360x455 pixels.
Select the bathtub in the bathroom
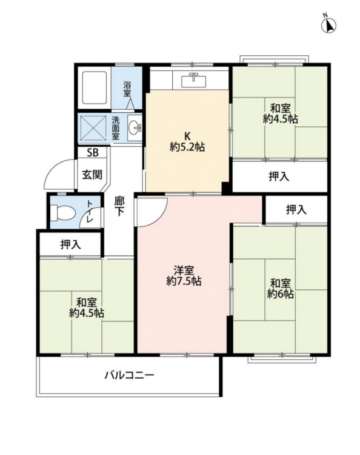[95, 87]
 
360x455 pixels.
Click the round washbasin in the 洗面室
[134, 127]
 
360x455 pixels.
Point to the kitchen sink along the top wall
[194, 80]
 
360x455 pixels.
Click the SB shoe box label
[93, 152]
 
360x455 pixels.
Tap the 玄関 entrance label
[92, 174]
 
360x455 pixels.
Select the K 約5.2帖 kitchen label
[187, 141]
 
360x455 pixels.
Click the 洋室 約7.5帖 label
[184, 275]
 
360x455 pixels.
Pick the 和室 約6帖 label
[280, 288]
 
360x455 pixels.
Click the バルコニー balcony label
[129, 376]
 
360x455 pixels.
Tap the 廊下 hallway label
[119, 206]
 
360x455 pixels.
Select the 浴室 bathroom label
[127, 89]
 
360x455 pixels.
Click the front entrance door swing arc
[52, 170]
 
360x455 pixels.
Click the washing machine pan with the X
[93, 127]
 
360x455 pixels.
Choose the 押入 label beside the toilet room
[71, 244]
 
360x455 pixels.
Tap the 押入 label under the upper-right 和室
[279, 176]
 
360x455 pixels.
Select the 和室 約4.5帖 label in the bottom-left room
[87, 308]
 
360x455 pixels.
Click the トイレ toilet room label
[89, 211]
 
